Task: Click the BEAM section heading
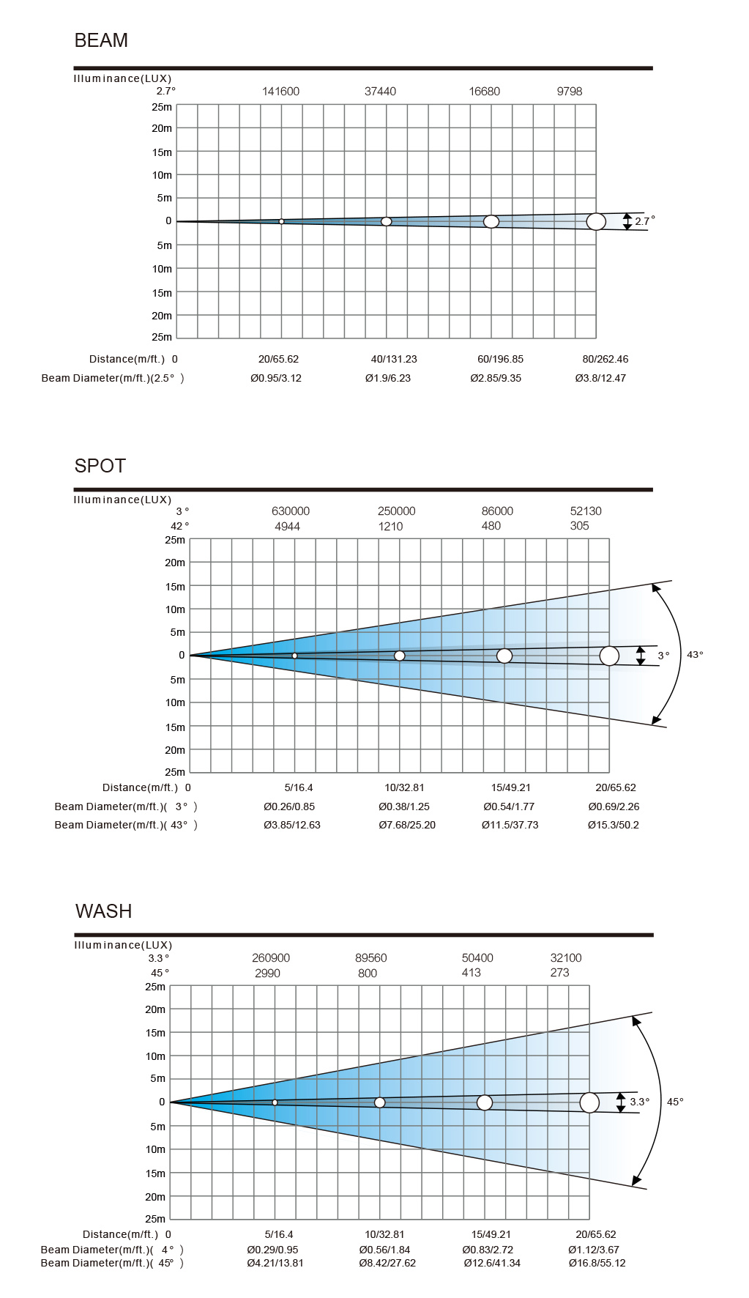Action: pyautogui.click(x=101, y=40)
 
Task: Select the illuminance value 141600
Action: pyautogui.click(x=280, y=92)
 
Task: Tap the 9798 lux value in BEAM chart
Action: pyautogui.click(x=569, y=92)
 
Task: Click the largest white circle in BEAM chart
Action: pyautogui.click(x=596, y=221)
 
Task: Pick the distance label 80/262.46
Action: pyautogui.click(x=605, y=359)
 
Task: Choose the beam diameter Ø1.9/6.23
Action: pyautogui.click(x=388, y=378)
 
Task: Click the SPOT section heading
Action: pyautogui.click(x=100, y=466)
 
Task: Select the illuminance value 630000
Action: pyautogui.click(x=290, y=511)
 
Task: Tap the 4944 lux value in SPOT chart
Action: pyautogui.click(x=287, y=527)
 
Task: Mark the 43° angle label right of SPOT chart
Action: pyautogui.click(x=695, y=655)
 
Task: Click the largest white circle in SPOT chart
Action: pyautogui.click(x=609, y=656)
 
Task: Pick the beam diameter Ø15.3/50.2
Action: pyautogui.click(x=613, y=825)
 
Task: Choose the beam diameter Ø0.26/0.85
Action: pyautogui.click(x=289, y=806)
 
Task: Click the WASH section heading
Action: pyautogui.click(x=104, y=911)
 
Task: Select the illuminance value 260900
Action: pyautogui.click(x=270, y=958)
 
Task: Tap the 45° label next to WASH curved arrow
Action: pyautogui.click(x=675, y=1102)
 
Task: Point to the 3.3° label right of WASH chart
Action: pyautogui.click(x=640, y=1102)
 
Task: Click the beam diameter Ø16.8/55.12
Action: pyautogui.click(x=597, y=1263)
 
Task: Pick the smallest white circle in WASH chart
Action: pyautogui.click(x=275, y=1102)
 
